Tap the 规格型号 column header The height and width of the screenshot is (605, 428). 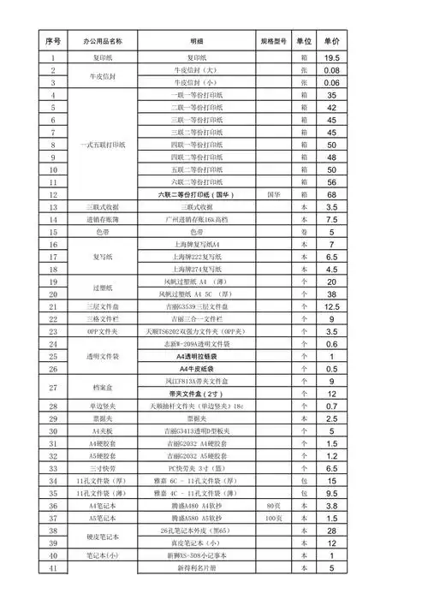point(272,40)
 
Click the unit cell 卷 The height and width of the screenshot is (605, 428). point(303,232)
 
